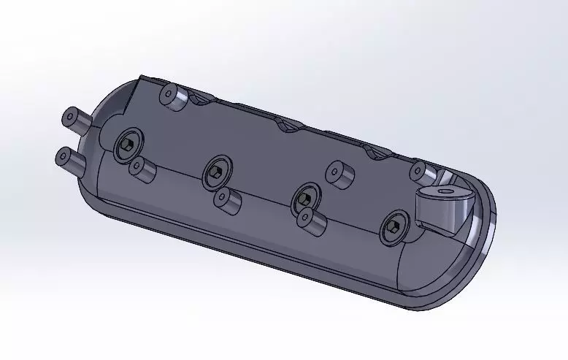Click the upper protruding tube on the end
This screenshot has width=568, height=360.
point(77,119)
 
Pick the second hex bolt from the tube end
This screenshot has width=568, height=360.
point(215,171)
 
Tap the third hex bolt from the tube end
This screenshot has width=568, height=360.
point(304,197)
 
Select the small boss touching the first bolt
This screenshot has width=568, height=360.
point(142,170)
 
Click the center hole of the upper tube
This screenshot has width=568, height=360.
point(70,117)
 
